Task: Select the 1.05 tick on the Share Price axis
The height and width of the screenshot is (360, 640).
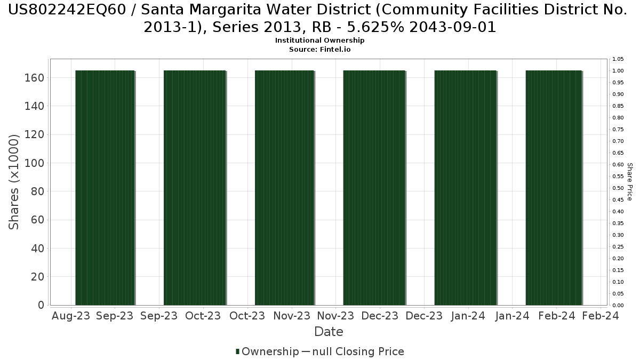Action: pos(618,59)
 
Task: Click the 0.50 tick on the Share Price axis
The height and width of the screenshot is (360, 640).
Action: pos(618,188)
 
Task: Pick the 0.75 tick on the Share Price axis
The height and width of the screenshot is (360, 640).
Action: pos(618,130)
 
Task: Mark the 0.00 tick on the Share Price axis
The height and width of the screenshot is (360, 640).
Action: pos(618,306)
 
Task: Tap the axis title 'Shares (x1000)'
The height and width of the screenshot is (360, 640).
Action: pos(14,182)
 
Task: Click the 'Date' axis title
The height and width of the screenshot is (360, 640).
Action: pos(329,332)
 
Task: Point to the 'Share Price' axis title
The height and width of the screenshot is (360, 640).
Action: pos(629,182)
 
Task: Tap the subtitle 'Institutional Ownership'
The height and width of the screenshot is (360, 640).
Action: pos(320,41)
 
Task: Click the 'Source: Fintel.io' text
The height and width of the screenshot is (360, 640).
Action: pos(320,49)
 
